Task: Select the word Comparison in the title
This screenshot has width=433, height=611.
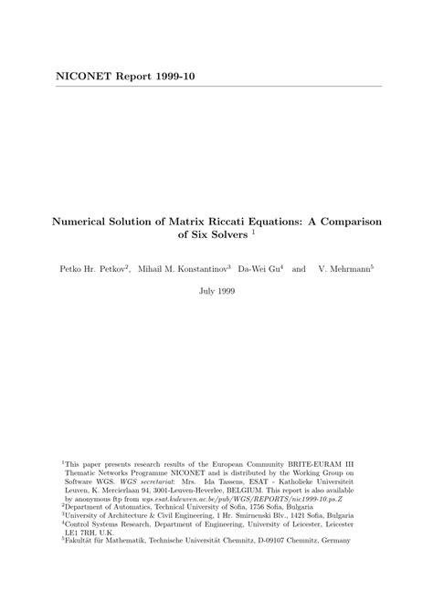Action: point(347,221)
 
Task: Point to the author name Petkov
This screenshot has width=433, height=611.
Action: point(111,270)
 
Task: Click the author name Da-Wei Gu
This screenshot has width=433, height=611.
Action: point(259,270)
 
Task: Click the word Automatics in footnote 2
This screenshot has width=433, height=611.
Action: point(137,506)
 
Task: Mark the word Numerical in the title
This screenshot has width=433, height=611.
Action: point(81,221)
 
